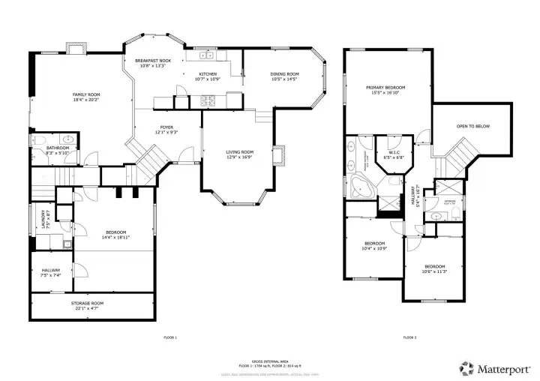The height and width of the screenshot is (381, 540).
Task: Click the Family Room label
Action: coord(86,94)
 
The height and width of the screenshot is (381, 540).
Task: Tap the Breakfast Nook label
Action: coord(153,60)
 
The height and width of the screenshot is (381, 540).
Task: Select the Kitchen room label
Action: coord(208,73)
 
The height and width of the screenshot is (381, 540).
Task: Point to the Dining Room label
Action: coord(285,73)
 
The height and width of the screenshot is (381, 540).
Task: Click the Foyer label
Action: coord(166,127)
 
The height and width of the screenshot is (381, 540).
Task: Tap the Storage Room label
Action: coord(88,303)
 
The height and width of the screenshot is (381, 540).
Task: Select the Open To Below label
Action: coord(473,126)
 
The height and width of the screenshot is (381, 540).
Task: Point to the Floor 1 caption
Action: coord(170,338)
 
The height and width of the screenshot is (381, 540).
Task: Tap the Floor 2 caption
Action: coord(409,338)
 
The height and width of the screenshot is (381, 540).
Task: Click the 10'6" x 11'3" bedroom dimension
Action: coord(435,271)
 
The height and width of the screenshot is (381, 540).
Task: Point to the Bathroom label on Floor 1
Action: coord(58,148)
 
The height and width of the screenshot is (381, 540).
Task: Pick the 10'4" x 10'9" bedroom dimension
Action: coord(374,248)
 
